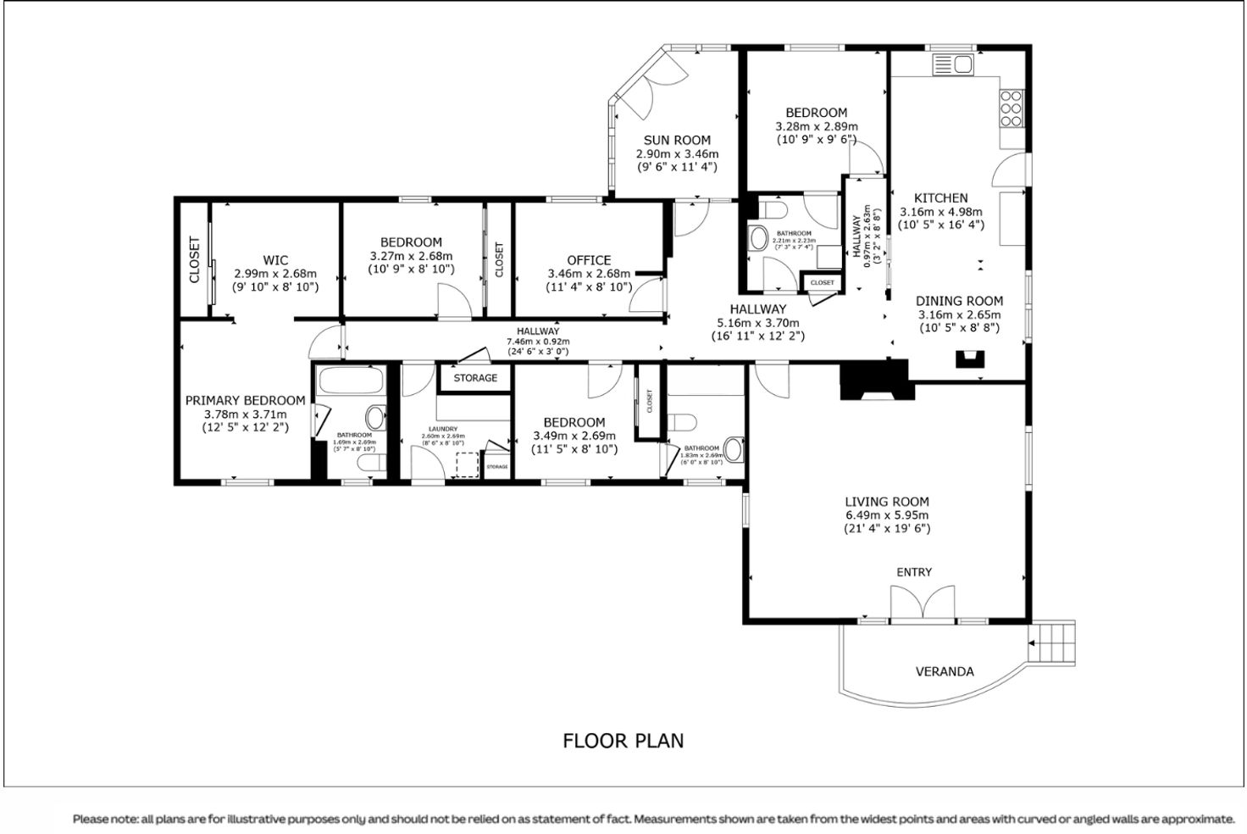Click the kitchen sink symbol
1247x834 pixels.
pyautogui.click(x=953, y=64)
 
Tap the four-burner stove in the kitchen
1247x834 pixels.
pyautogui.click(x=1011, y=108)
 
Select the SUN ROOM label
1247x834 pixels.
pyautogui.click(x=677, y=141)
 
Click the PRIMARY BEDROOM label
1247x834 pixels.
pyautogui.click(x=245, y=401)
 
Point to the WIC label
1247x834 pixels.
pyautogui.click(x=275, y=260)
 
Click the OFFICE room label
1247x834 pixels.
pyautogui.click(x=589, y=260)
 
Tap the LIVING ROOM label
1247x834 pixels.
pyautogui.click(x=887, y=502)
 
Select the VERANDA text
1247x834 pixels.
pyautogui.click(x=945, y=671)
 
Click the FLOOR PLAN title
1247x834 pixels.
pyautogui.click(x=623, y=741)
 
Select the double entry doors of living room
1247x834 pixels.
pyautogui.click(x=923, y=604)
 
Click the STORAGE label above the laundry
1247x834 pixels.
pyautogui.click(x=475, y=378)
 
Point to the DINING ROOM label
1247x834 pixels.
pyautogui.click(x=959, y=301)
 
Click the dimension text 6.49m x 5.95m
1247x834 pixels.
pyautogui.click(x=887, y=515)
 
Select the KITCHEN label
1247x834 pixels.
pyautogui.click(x=940, y=198)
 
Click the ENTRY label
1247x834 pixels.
pyautogui.click(x=914, y=572)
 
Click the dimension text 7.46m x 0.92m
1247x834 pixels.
pyautogui.click(x=538, y=342)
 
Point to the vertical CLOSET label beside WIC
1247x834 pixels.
pyautogui.click(x=194, y=259)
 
